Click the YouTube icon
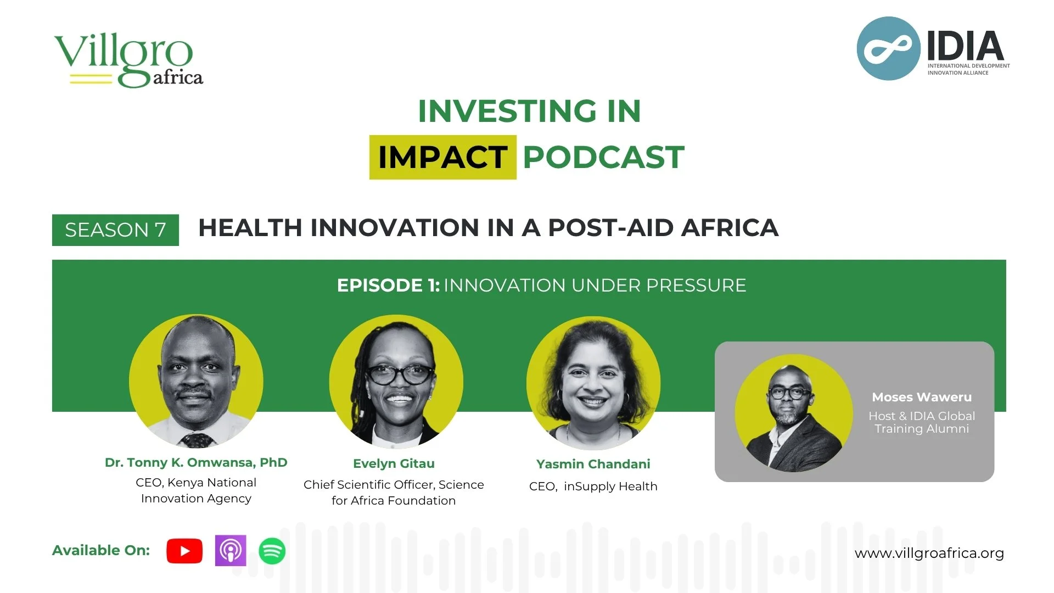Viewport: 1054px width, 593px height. [184, 551]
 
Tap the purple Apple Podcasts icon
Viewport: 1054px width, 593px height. [231, 550]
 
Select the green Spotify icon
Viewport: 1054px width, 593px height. [272, 551]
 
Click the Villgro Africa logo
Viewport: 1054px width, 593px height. [128, 60]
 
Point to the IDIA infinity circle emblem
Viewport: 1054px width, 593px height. [888, 49]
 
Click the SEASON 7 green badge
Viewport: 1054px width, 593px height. [115, 230]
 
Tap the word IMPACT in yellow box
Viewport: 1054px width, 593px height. [442, 157]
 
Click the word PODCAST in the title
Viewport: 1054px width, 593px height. [603, 157]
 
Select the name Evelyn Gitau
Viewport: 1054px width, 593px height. [394, 463]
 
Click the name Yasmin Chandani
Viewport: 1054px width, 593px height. [593, 464]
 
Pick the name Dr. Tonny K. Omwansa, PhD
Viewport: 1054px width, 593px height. [196, 462]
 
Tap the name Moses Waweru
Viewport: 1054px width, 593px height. [921, 397]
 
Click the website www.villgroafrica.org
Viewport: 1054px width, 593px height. [929, 553]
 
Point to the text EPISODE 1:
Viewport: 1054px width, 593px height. [388, 286]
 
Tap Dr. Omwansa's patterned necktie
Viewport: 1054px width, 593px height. [196, 440]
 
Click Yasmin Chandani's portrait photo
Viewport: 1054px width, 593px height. [593, 383]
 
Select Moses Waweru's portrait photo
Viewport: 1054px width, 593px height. [793, 413]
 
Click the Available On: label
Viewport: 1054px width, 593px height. [101, 550]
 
